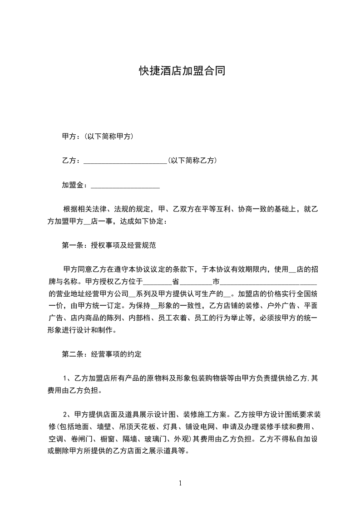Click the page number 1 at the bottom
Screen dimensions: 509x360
tap(180, 483)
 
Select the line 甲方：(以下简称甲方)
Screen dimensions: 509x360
tap(97, 136)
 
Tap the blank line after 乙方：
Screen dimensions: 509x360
tap(126, 161)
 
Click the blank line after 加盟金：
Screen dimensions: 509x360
tap(125, 186)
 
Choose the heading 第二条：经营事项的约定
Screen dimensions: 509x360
tap(102, 354)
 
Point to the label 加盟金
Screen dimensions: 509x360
tap(72, 185)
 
